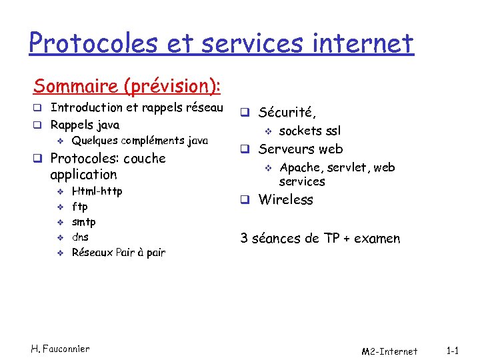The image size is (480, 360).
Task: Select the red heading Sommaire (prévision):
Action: (x=127, y=86)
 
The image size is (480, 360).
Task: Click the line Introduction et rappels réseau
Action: (x=137, y=107)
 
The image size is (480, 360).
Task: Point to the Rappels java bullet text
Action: (x=85, y=125)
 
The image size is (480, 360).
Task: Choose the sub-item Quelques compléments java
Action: (x=139, y=141)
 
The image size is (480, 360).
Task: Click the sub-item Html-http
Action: (x=97, y=191)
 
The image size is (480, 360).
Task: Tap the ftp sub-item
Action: (x=79, y=207)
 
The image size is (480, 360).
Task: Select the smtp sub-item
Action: (x=83, y=222)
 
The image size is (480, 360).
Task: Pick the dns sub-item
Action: (x=80, y=237)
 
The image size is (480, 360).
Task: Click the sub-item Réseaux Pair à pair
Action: (x=118, y=253)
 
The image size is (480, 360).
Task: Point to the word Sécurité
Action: (x=287, y=113)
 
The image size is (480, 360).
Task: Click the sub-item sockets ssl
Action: (x=309, y=131)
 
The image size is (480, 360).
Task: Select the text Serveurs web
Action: (x=301, y=149)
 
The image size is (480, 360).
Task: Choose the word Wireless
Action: (x=285, y=199)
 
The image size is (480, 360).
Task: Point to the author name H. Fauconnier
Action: (x=60, y=349)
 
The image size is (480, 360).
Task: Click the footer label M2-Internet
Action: (x=389, y=351)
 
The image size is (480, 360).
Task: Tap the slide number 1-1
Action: (x=453, y=350)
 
